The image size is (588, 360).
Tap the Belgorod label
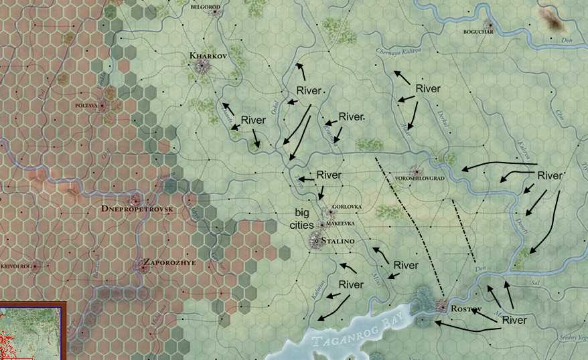[x=206, y=5]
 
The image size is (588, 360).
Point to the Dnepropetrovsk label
[x=137, y=210]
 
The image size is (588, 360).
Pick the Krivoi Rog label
[x=15, y=266]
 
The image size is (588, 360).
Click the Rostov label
[x=466, y=308]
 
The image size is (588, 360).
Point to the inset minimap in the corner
[x=31, y=331]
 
